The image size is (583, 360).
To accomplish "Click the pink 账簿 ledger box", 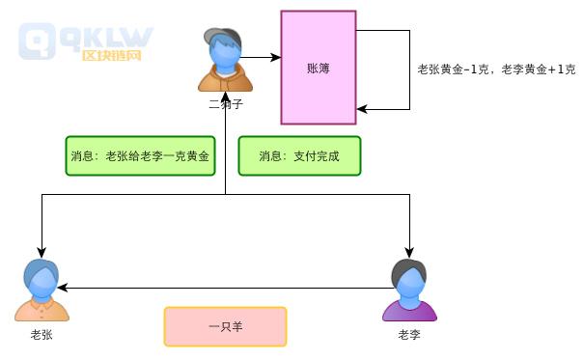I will (319, 68).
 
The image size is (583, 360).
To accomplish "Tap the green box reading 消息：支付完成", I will (299, 155).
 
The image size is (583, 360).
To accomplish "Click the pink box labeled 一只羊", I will (225, 326).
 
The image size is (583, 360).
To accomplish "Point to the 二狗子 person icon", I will (224, 60).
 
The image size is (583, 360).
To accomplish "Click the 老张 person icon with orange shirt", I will (42, 291).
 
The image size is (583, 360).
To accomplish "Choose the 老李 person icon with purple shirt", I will (409, 291).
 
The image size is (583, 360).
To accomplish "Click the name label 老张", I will (42, 336).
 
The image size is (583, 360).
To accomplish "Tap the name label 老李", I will (409, 336).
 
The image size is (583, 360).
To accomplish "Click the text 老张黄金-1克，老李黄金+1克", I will (496, 70).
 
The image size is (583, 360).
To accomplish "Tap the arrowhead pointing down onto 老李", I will (409, 252).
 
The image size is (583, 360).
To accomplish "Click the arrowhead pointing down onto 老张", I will (42, 252).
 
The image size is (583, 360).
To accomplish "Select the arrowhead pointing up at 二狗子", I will (224, 97).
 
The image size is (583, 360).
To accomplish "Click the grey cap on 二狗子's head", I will (221, 35).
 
